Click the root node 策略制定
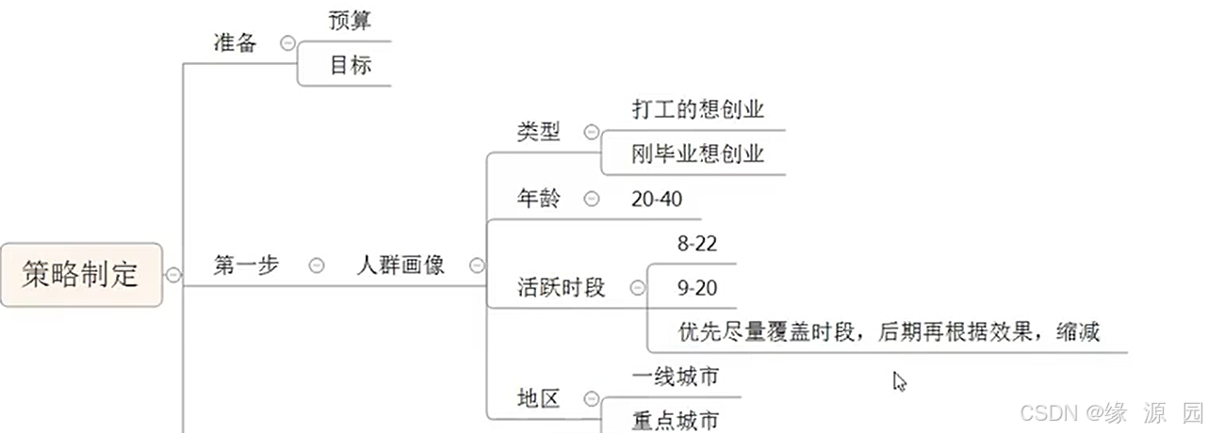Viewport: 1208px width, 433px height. point(81,275)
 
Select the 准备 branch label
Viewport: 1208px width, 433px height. point(235,43)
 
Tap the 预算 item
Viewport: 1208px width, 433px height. point(350,22)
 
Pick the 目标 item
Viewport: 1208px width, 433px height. point(350,66)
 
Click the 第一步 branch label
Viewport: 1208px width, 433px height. point(246,265)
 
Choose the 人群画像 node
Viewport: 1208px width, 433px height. point(400,265)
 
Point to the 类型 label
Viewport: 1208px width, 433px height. point(538,133)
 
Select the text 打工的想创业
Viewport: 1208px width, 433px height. point(697,110)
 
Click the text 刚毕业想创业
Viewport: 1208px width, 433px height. point(697,154)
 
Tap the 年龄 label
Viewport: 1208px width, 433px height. point(538,199)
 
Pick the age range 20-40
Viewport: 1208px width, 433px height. point(657,199)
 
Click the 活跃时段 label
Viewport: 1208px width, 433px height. point(561,287)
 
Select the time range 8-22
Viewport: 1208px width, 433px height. point(697,244)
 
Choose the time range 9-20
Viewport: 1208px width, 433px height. point(697,288)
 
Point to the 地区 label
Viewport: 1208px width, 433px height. point(538,399)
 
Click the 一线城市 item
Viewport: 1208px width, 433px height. point(675,377)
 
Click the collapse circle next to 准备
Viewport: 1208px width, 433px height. point(287,43)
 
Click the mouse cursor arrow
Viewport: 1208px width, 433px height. point(899,380)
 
